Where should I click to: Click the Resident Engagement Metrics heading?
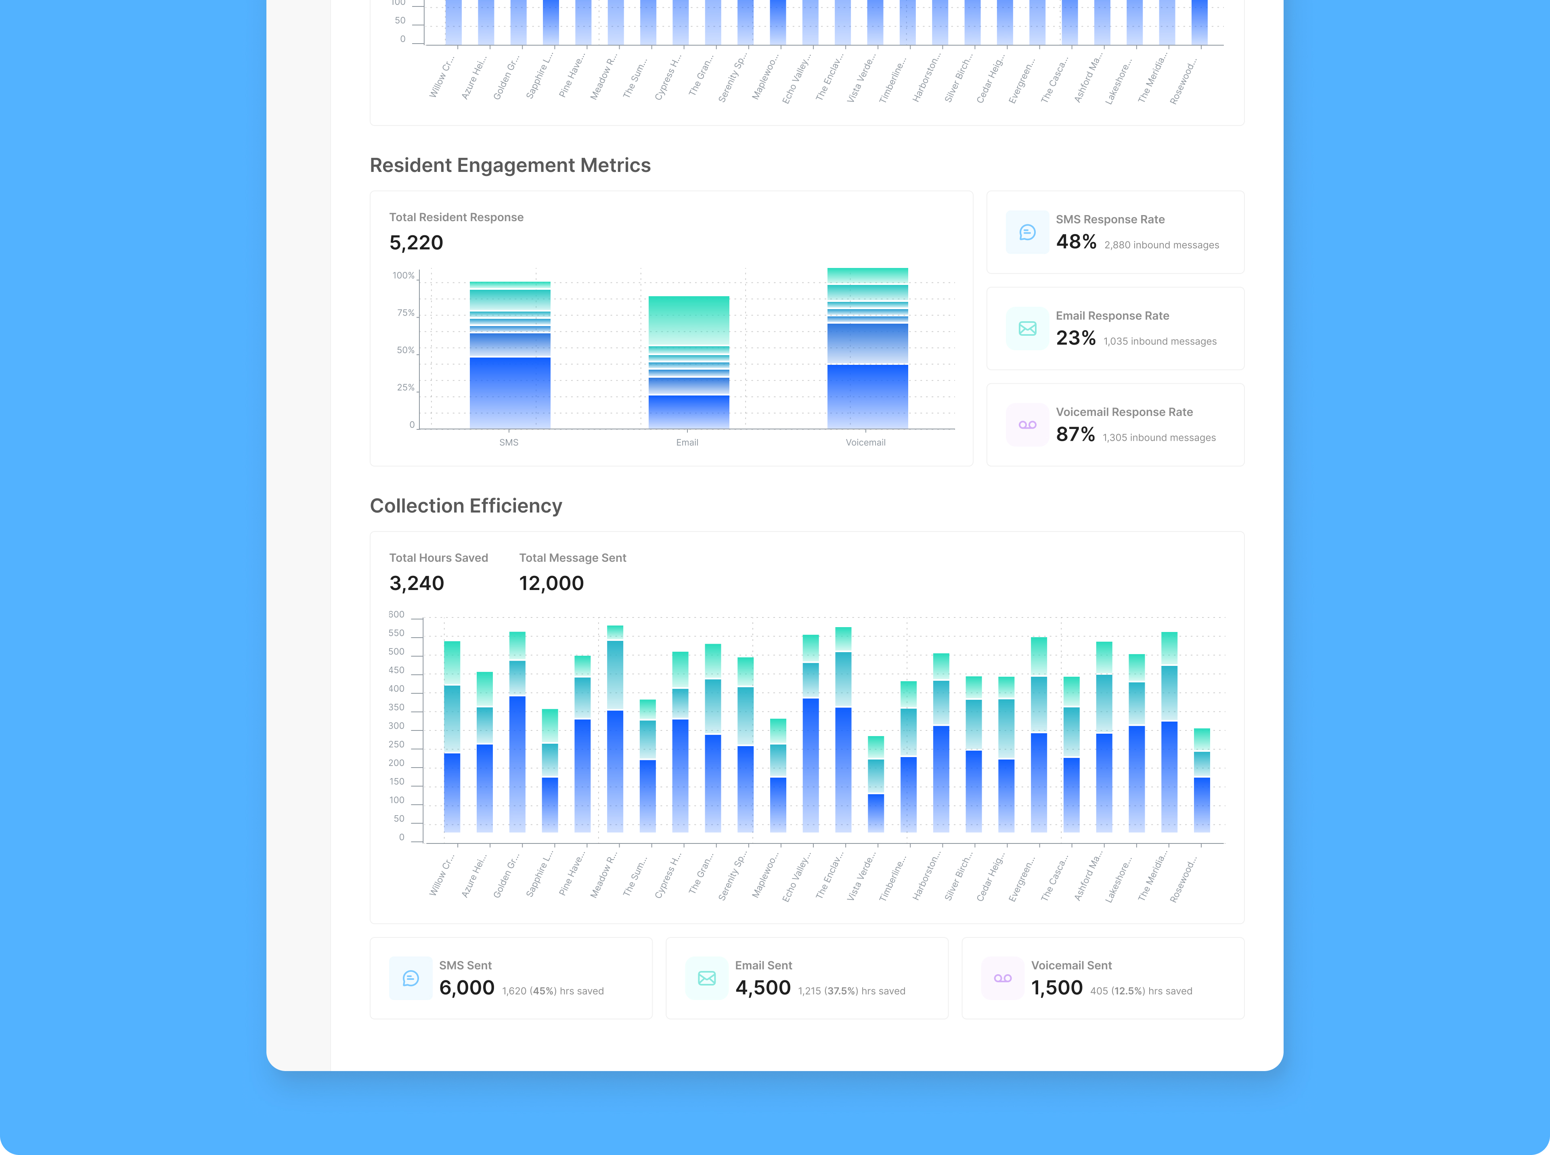[x=510, y=165]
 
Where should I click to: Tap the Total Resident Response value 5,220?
[x=416, y=243]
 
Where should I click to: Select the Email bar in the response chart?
[x=689, y=362]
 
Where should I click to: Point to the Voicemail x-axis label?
[x=865, y=443]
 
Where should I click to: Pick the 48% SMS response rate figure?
[x=1076, y=242]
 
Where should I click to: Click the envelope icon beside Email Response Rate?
[x=1027, y=329]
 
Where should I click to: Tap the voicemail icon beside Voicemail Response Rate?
[x=1027, y=425]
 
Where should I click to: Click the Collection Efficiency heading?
[x=466, y=506]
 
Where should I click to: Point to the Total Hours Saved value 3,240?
[x=417, y=583]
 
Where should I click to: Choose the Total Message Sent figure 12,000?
[x=551, y=583]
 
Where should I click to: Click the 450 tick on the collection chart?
[x=396, y=670]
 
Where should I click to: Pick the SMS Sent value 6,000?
[x=466, y=988]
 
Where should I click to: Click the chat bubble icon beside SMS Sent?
[x=411, y=978]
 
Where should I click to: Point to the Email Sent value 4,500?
[x=763, y=988]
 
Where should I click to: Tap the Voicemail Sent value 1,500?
[x=1056, y=988]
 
